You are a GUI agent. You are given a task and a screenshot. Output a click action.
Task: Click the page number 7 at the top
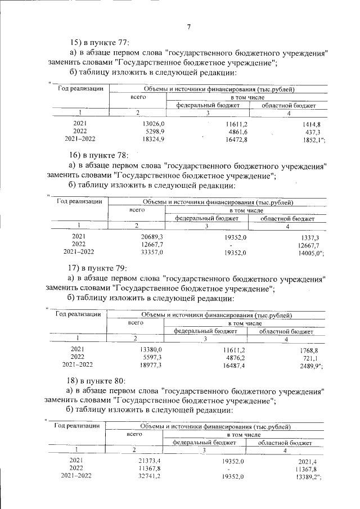tap(190, 26)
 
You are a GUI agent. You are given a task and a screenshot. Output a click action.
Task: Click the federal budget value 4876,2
tap(234, 357)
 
